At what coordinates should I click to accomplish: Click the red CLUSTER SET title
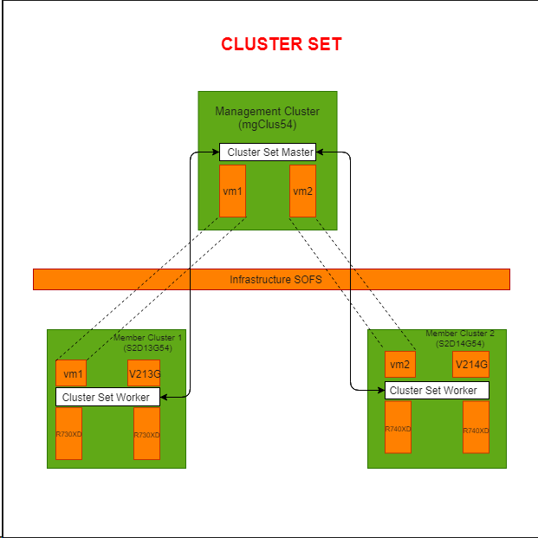[282, 44]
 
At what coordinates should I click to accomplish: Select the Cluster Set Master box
[267, 152]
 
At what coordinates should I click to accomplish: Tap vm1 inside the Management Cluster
[232, 191]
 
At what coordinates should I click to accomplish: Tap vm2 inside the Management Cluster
[302, 191]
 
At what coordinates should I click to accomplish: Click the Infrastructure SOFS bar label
[271, 280]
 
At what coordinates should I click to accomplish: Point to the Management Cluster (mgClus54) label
[267, 118]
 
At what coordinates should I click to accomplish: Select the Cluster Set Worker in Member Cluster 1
[108, 397]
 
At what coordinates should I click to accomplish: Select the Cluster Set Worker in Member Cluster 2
[437, 390]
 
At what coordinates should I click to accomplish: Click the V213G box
[144, 373]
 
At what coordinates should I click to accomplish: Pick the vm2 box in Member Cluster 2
[399, 365]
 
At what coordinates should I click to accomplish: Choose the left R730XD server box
[68, 433]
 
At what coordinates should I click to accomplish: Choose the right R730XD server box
[146, 433]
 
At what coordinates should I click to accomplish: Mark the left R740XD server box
[398, 427]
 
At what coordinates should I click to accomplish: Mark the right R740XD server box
[476, 427]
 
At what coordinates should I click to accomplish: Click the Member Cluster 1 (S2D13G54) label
[148, 341]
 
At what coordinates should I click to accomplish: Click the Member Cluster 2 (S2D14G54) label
[460, 338]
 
